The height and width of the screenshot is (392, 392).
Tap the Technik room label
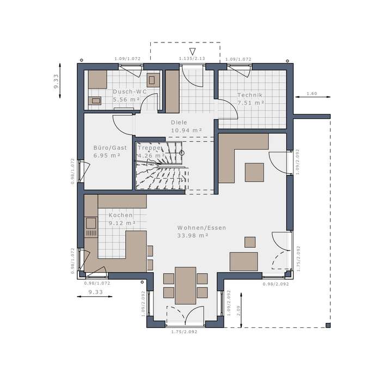tap(250, 95)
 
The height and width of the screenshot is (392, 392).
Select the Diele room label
tap(179, 122)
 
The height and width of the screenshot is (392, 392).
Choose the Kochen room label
tap(120, 215)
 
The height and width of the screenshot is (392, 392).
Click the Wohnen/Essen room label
tap(201, 228)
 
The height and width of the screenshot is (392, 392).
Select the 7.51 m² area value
tap(250, 102)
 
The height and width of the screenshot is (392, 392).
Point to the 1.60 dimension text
tap(311, 94)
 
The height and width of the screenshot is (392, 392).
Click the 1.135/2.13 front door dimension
tap(192, 59)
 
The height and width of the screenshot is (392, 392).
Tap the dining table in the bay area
tap(186, 285)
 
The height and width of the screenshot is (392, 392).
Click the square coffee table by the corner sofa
tap(254, 172)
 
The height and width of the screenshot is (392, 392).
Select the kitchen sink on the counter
tap(90, 223)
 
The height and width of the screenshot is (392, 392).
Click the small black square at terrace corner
tap(328, 325)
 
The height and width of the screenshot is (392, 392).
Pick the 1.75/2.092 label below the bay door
tap(183, 332)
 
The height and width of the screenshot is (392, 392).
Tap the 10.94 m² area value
tap(186, 131)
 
